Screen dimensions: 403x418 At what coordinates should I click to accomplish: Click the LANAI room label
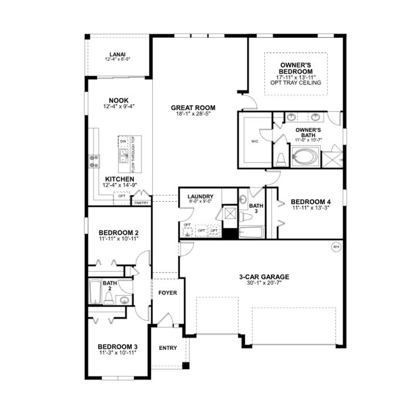click(x=117, y=55)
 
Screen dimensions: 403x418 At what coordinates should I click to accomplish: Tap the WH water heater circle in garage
click(x=336, y=247)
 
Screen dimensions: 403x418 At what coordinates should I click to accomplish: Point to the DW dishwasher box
click(x=123, y=141)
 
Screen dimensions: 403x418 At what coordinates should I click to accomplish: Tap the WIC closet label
click(x=255, y=142)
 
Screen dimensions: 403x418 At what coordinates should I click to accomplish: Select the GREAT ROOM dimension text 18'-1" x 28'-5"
click(x=193, y=114)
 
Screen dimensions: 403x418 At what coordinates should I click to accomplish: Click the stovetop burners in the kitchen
click(x=95, y=161)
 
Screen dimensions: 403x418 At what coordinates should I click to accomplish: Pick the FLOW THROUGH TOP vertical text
click(x=133, y=154)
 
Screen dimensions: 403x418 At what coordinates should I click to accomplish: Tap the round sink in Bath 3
click(x=243, y=199)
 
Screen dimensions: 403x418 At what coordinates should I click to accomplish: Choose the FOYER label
click(x=168, y=293)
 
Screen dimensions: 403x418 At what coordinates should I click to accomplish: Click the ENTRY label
click(x=168, y=348)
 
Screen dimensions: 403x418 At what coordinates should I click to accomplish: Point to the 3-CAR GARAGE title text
click(x=264, y=277)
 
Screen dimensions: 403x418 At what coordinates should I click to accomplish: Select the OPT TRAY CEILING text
click(x=296, y=83)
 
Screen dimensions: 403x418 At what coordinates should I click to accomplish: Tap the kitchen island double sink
click(x=123, y=156)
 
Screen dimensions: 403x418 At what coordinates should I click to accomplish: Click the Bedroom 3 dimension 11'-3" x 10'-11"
click(x=117, y=353)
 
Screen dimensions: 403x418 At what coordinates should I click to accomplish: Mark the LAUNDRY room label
click(x=200, y=196)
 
